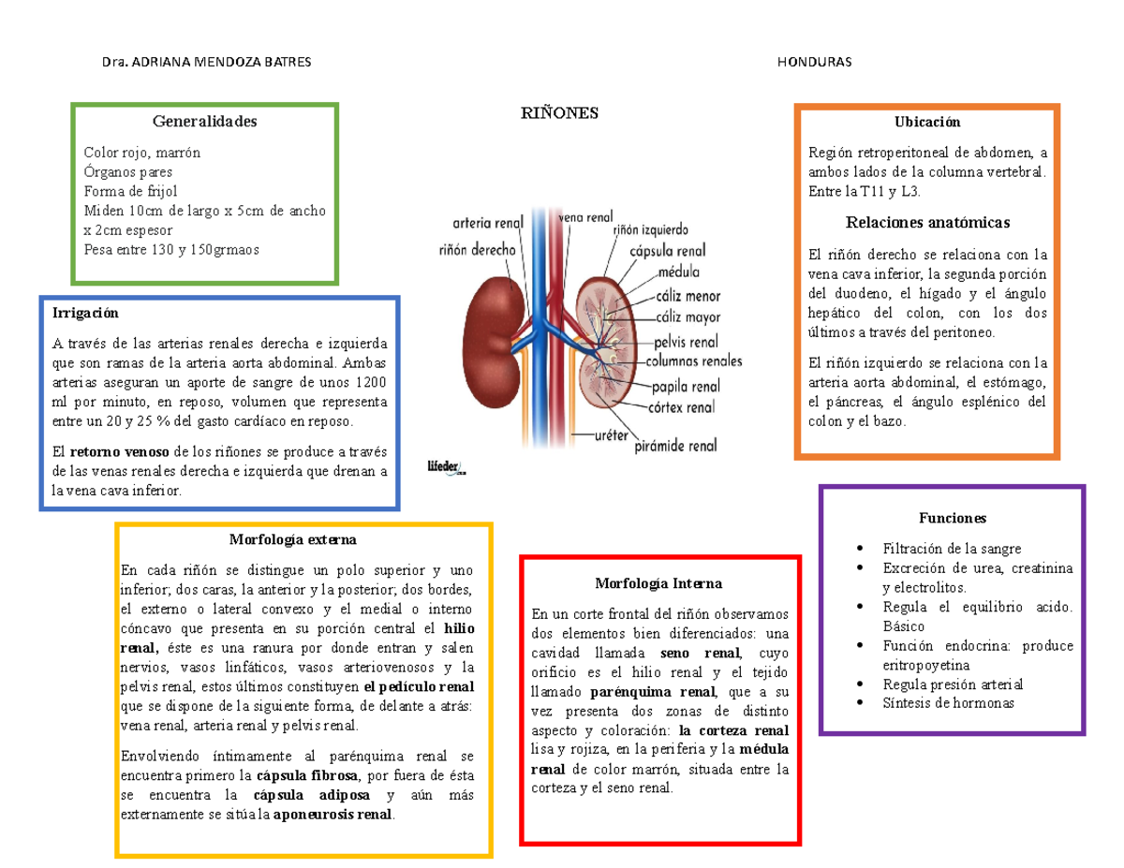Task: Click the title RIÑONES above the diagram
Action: pos(559,112)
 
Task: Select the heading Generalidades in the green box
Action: pos(205,121)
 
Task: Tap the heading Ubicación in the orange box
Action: pos(927,122)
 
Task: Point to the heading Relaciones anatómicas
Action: pos(927,222)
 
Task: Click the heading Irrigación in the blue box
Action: pos(85,313)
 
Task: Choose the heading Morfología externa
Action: pos(293,539)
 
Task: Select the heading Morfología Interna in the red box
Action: pos(658,583)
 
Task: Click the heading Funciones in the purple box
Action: pos(953,518)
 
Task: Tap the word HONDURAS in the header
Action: pos(814,62)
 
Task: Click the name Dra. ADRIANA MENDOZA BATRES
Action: pos(206,62)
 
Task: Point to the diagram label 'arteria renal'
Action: pos(488,223)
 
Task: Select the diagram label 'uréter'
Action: pos(611,435)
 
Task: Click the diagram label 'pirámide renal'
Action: pos(675,446)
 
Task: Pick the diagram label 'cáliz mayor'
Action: pos(688,316)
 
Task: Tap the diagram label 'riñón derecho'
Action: pos(477,250)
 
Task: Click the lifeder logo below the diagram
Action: pos(447,467)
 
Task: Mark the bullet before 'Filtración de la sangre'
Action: pos(860,548)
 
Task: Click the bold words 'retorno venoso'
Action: pos(120,452)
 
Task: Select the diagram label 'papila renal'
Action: pos(686,386)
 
